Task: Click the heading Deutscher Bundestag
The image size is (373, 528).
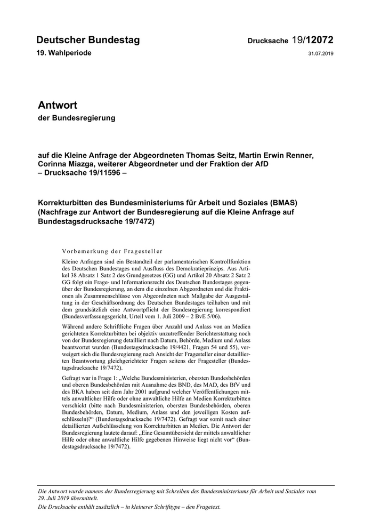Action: pos(88,40)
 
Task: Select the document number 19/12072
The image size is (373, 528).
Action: pos(313,40)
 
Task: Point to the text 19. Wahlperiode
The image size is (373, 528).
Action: pos(64,53)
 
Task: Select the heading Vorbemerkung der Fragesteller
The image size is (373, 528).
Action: pos(112,251)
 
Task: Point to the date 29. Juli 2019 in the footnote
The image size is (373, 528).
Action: pos(55,498)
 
